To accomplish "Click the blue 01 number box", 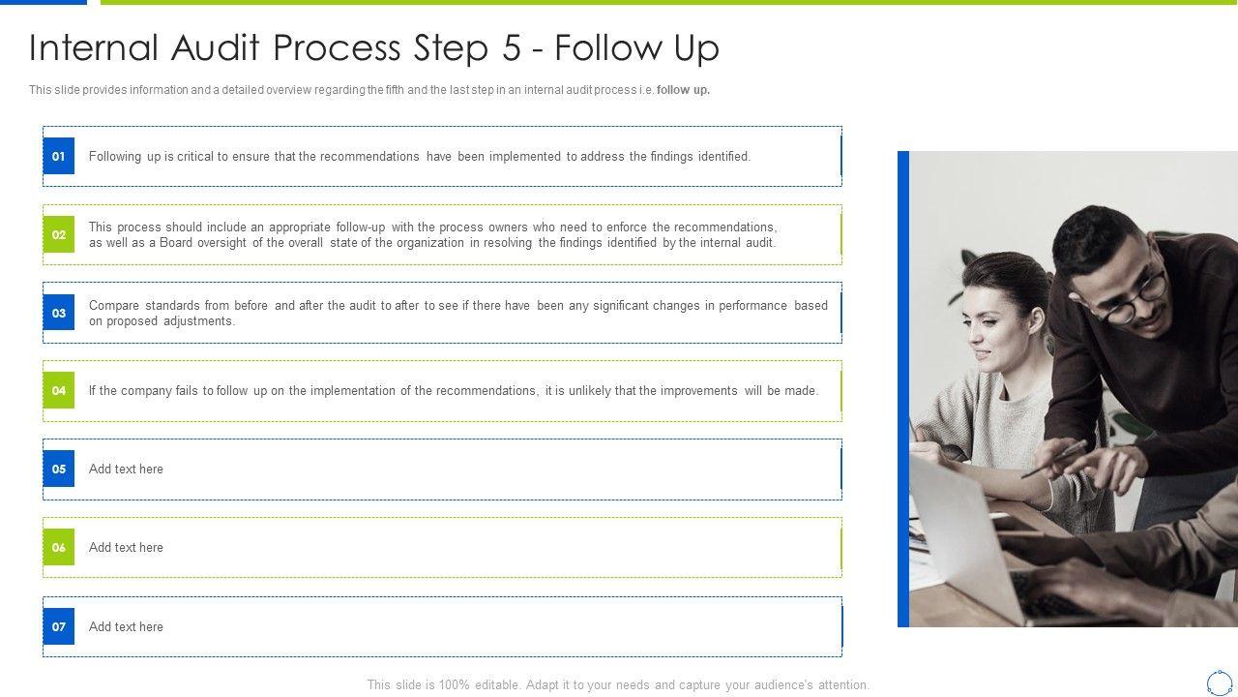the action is pos(59,156).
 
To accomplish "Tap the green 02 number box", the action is pos(59,234).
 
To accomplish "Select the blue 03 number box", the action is pos(59,313).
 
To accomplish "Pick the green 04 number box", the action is pos(59,390).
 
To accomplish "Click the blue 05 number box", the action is pos(59,469).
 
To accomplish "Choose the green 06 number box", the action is pos(59,547).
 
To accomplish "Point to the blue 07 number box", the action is pos(59,626).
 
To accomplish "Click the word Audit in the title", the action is pos(215,47).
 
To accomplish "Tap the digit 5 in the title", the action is pos(512,47).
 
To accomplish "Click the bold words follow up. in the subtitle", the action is pos(683,90).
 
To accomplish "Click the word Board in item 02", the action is pos(176,242).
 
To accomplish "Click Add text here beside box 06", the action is pos(126,547).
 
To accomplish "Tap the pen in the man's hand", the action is pos(1053,459).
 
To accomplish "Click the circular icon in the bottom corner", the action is pos(1220,683).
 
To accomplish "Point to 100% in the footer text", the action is pos(454,684).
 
